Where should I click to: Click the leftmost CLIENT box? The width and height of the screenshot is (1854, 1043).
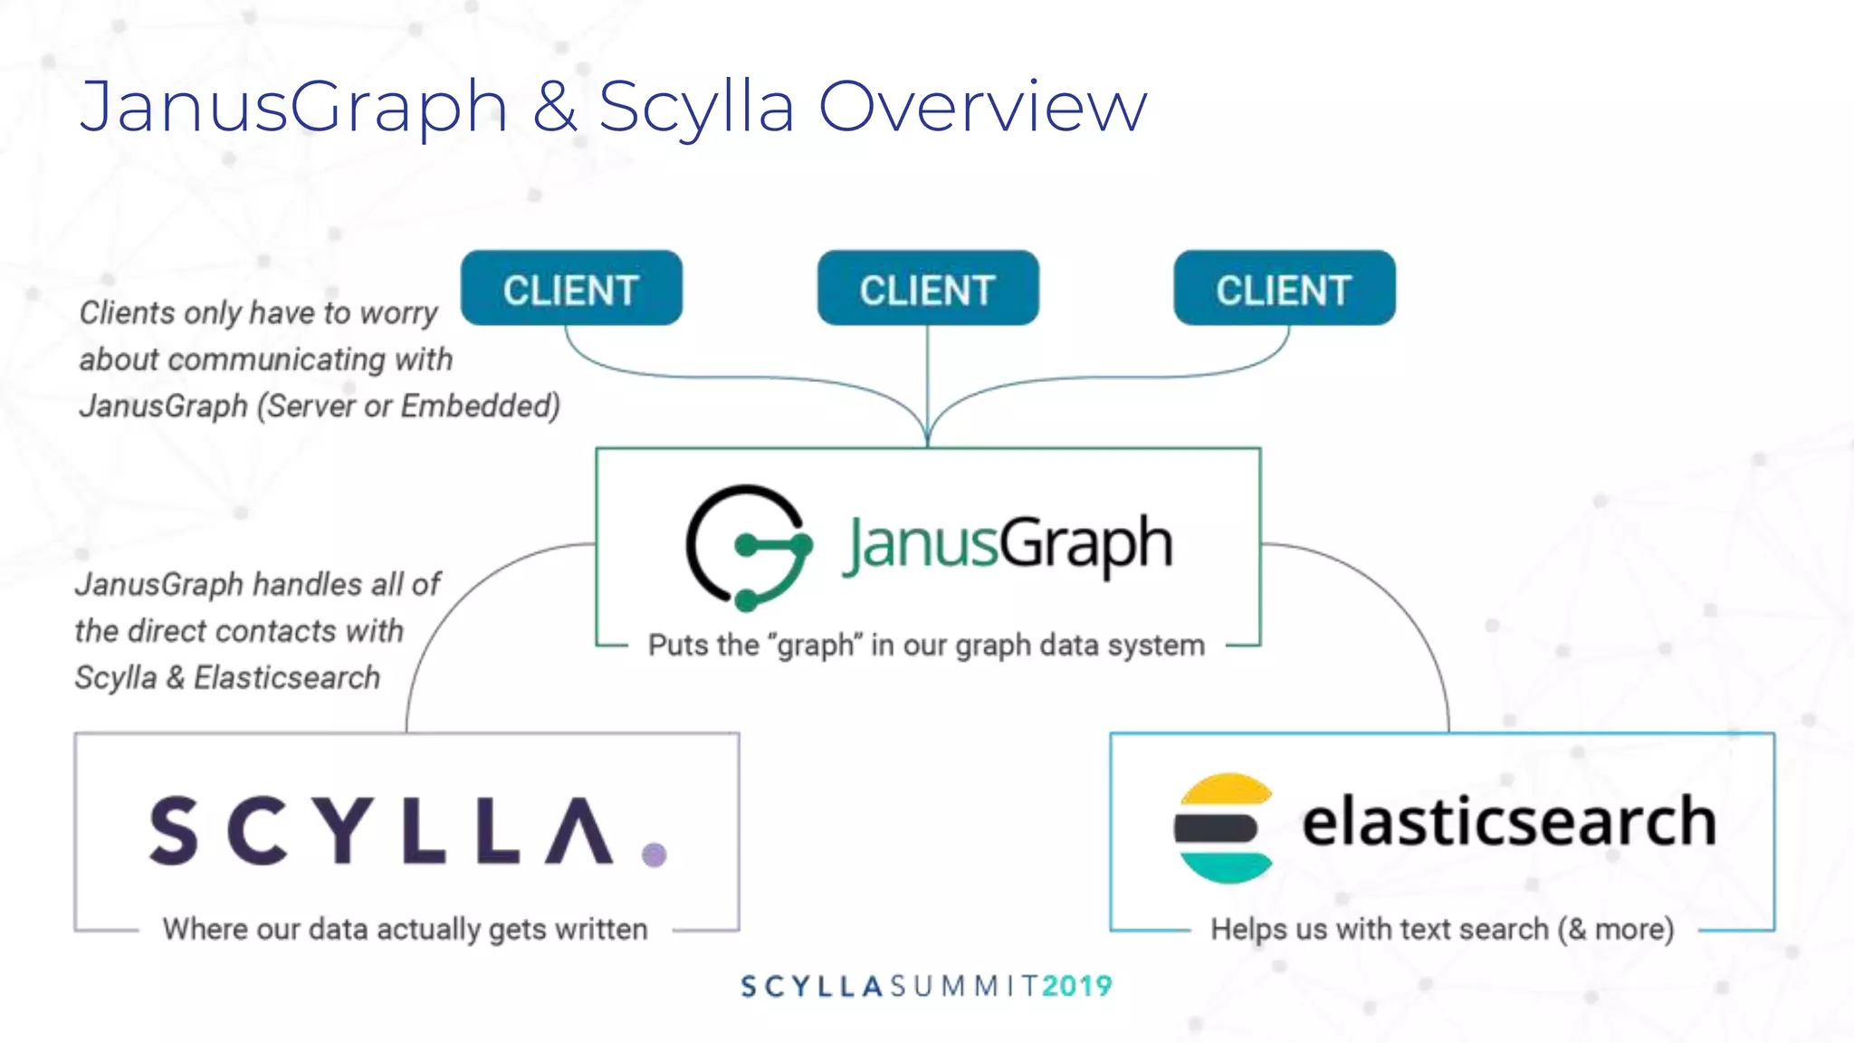tap(571, 289)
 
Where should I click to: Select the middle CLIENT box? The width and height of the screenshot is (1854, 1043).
tap(928, 289)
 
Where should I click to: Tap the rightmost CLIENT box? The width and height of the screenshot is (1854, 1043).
tap(1285, 289)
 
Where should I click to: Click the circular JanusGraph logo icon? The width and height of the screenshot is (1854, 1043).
tap(748, 547)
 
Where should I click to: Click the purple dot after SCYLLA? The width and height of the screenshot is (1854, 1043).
tap(654, 854)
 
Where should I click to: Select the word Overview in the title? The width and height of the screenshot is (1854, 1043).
tap(982, 107)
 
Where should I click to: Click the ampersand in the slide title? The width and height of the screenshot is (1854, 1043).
tap(555, 107)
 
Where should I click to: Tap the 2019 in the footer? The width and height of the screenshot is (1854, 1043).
tap(1076, 986)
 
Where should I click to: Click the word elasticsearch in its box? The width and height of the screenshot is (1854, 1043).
tap(1508, 821)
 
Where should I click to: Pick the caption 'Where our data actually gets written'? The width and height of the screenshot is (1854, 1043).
tap(405, 929)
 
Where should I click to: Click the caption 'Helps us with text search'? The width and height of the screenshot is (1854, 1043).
tap(1442, 929)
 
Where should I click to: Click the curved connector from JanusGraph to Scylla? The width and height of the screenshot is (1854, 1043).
tap(453, 616)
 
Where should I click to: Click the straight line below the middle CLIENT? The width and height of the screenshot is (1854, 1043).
tap(928, 380)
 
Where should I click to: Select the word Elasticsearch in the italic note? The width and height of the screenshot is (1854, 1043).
tap(287, 677)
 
